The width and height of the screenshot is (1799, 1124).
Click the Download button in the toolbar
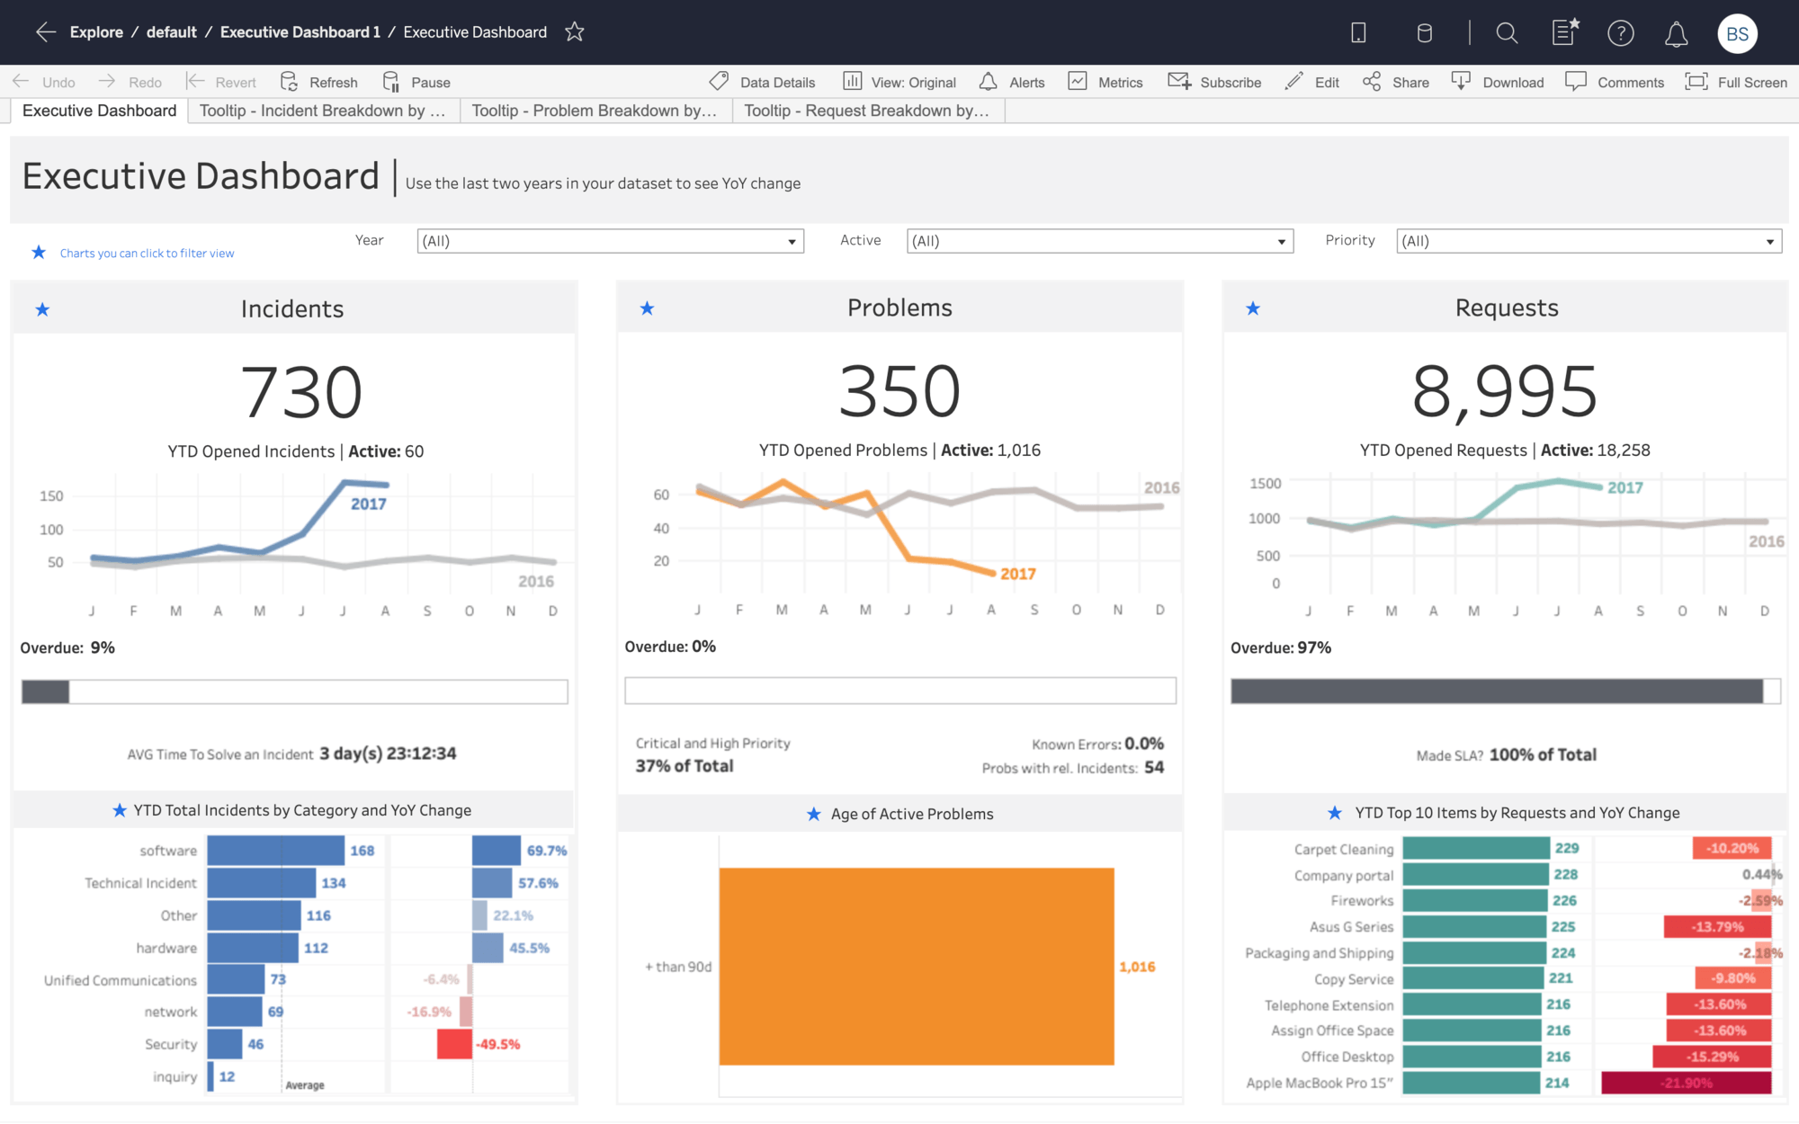[x=1499, y=82]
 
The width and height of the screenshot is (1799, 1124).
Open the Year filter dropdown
[x=610, y=241]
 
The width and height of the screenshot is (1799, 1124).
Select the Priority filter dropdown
[x=1588, y=241]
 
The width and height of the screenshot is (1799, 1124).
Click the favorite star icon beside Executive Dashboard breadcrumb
[x=575, y=32]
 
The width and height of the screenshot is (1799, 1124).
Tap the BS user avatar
[x=1736, y=34]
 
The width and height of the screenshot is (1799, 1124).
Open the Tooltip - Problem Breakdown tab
[x=595, y=111]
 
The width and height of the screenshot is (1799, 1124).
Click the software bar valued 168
[x=275, y=851]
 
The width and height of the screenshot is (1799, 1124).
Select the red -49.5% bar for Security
[x=454, y=1044]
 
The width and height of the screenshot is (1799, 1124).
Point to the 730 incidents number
[x=301, y=393]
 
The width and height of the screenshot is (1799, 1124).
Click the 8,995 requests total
[x=1505, y=392]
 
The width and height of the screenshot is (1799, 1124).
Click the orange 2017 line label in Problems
[x=1017, y=574]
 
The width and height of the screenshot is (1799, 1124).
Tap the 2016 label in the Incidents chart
[x=535, y=582]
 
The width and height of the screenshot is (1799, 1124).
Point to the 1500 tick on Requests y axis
[x=1265, y=484]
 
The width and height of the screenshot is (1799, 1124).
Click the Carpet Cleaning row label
[x=1343, y=849]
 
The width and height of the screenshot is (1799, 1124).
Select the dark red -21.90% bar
[x=1686, y=1083]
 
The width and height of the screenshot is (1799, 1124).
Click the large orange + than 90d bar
[x=916, y=967]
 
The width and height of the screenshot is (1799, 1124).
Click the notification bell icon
[x=1676, y=34]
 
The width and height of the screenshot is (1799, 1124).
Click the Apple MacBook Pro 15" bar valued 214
[x=1471, y=1083]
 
